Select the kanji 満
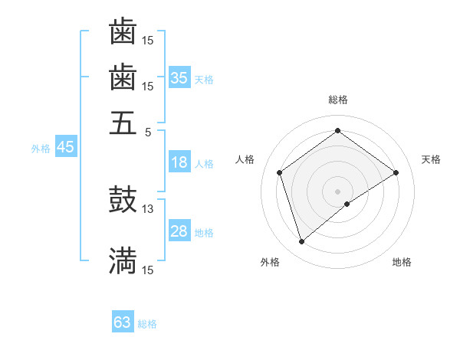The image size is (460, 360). coord(123,260)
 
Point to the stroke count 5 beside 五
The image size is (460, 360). coord(148,131)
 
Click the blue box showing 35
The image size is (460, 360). coord(179,78)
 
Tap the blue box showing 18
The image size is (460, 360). coord(179,162)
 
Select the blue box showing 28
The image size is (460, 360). coord(179,231)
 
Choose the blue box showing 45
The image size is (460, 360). coord(65,148)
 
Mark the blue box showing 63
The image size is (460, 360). coord(123,322)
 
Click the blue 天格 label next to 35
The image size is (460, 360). coord(204,80)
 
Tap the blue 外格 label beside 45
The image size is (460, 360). coord(40,149)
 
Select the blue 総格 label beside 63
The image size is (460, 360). coord(147,324)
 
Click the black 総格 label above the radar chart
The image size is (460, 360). coord(338,100)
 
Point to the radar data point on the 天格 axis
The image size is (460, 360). coord(396,172)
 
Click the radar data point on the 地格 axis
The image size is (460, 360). coord(347,204)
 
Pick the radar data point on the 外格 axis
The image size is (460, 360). coord(301,242)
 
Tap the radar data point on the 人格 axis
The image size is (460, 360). coord(280,172)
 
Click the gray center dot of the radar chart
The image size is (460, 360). coord(338,191)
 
